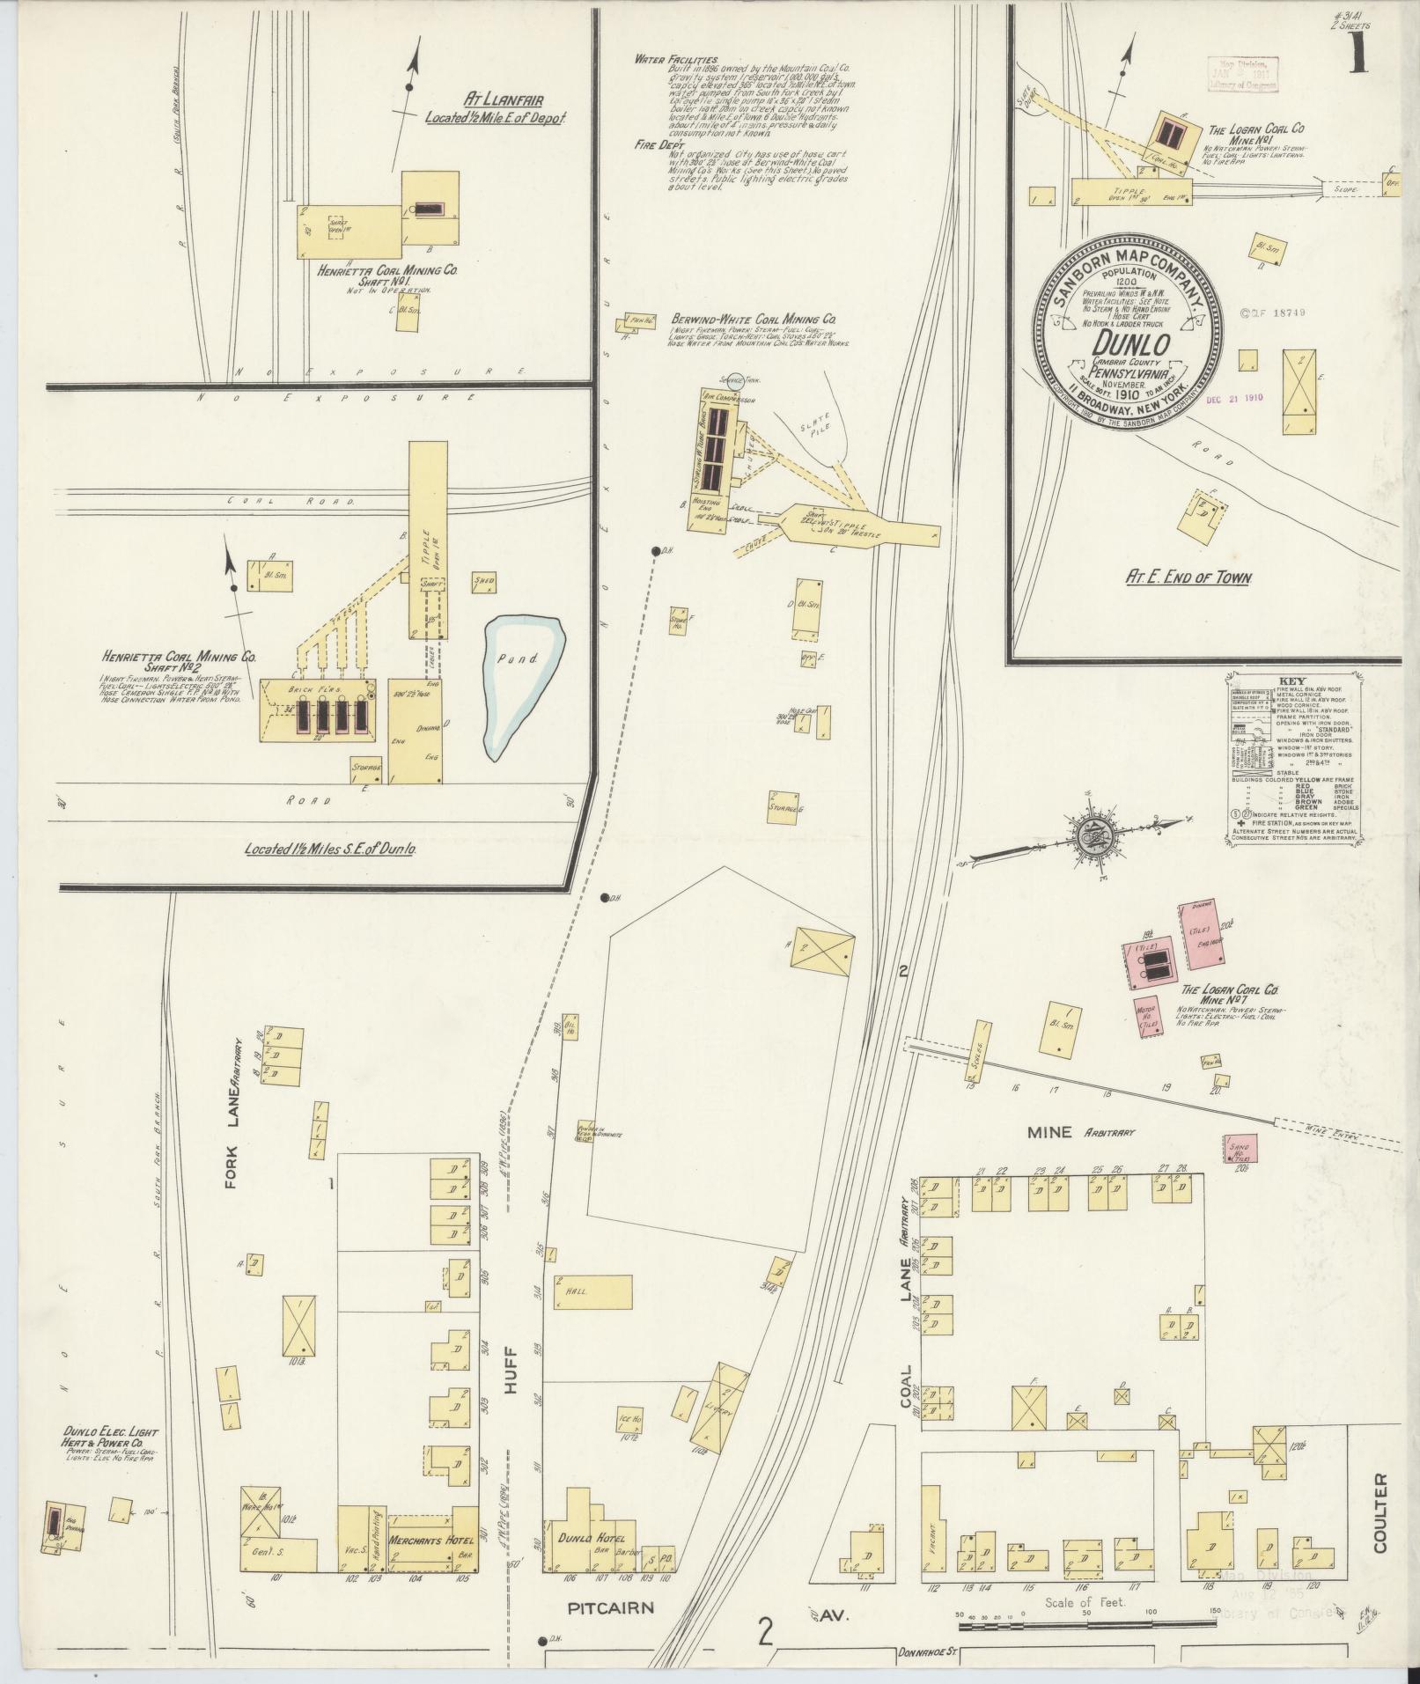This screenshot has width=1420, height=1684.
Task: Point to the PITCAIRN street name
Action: (x=610, y=1608)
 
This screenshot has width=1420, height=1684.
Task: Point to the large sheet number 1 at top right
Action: (x=1359, y=55)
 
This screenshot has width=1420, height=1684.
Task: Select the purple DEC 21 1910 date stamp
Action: (x=1234, y=397)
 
